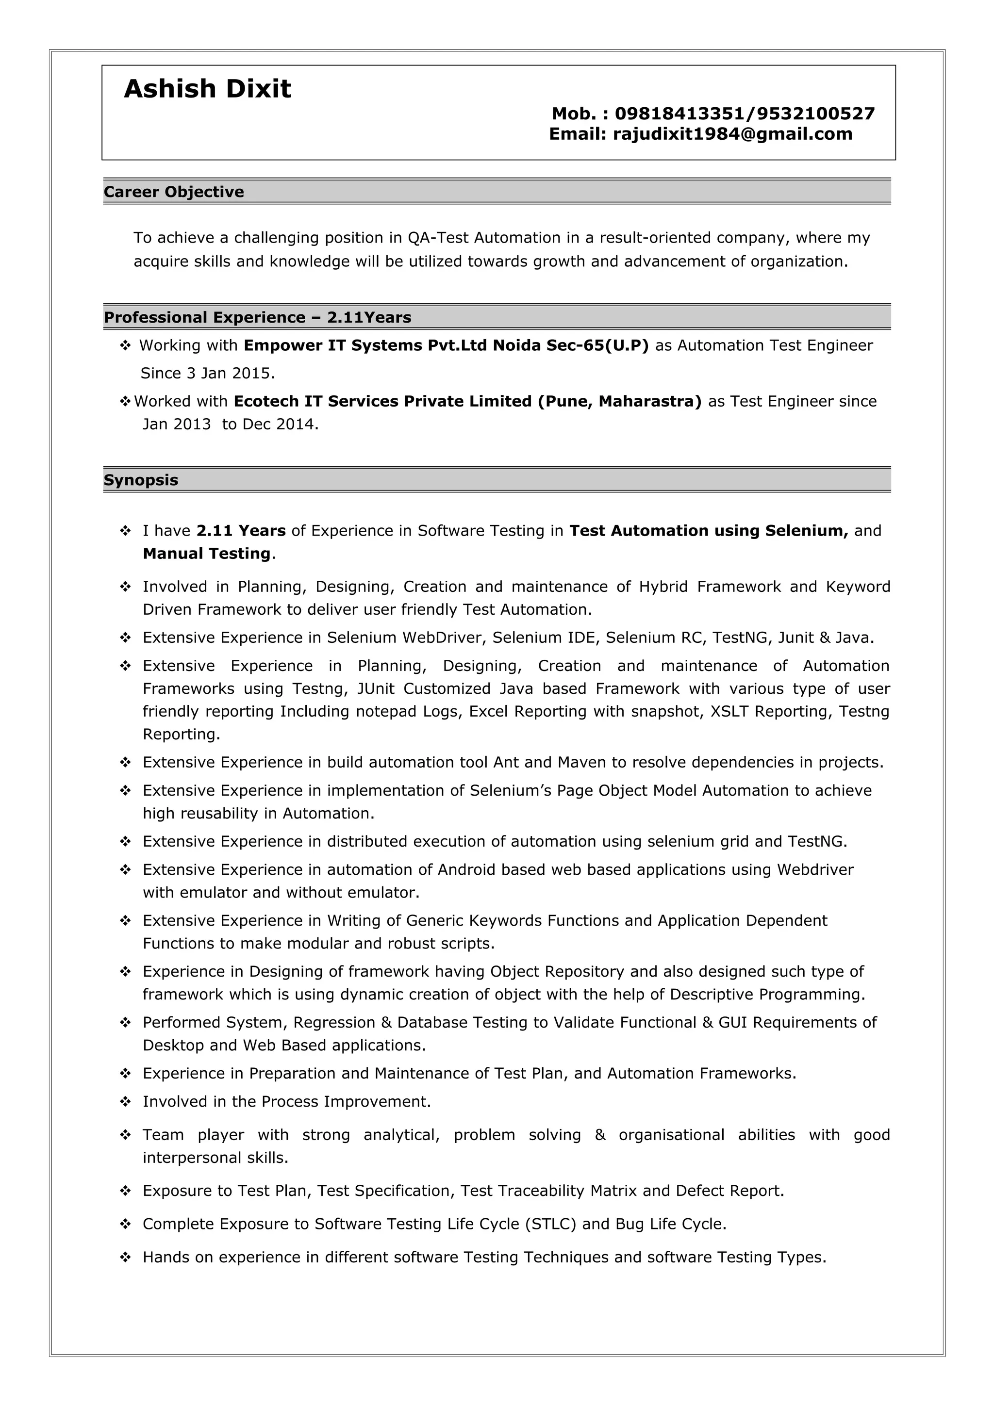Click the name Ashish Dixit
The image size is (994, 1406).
click(207, 89)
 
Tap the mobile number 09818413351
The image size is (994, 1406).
click(679, 114)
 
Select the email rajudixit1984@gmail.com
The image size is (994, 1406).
click(732, 134)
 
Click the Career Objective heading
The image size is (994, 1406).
click(174, 192)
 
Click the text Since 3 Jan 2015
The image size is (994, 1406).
click(207, 373)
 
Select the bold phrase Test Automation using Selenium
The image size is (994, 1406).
click(708, 530)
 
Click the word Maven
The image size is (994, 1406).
click(582, 762)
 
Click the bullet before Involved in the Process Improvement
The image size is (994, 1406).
click(126, 1102)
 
